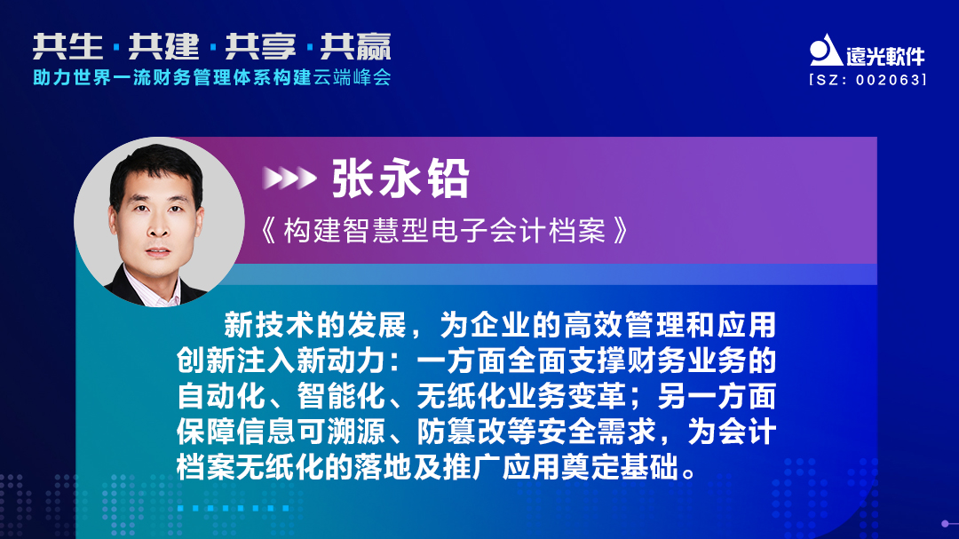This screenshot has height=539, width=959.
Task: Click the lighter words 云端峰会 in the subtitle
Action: click(x=352, y=77)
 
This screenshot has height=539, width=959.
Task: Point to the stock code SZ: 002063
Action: click(x=868, y=79)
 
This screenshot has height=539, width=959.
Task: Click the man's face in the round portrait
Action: click(x=154, y=216)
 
